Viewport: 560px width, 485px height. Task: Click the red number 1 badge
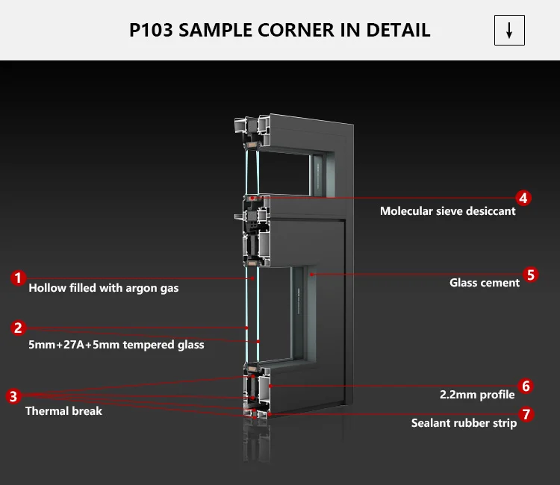(x=18, y=278)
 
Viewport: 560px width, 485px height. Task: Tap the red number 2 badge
(x=18, y=328)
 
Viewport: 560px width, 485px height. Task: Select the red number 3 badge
(x=14, y=395)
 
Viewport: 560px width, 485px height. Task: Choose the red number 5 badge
(x=530, y=274)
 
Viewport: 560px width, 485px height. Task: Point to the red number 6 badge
(x=526, y=386)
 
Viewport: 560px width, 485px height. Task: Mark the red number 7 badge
(x=527, y=413)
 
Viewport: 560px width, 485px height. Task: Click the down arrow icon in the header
(x=510, y=31)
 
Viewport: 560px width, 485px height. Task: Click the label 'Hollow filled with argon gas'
(x=104, y=288)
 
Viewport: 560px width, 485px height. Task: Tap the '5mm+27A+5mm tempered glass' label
(x=116, y=345)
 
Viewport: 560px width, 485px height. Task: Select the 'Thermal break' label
(x=63, y=411)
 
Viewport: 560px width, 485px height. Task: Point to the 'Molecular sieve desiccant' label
(x=447, y=211)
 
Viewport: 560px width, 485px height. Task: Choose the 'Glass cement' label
(x=485, y=283)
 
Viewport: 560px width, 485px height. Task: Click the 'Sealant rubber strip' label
(x=464, y=423)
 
